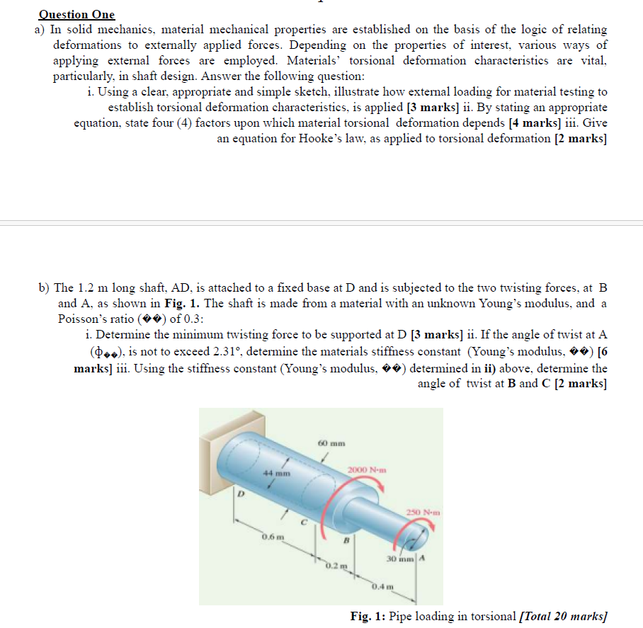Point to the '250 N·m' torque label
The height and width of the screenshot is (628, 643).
pyautogui.click(x=425, y=511)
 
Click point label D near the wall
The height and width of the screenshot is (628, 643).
pyautogui.click(x=239, y=495)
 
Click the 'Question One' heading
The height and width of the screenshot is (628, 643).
pyautogui.click(x=76, y=14)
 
